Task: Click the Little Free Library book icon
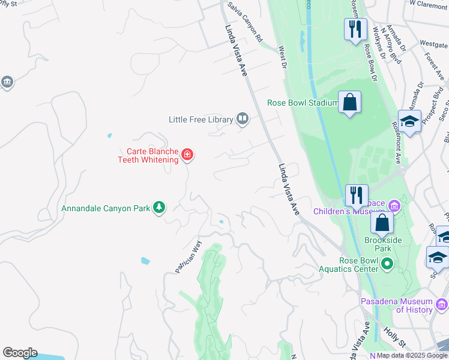click(242, 119)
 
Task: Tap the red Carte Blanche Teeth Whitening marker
click(187, 155)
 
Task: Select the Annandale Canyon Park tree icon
click(159, 208)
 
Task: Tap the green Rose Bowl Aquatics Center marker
click(387, 263)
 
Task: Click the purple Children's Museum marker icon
click(394, 206)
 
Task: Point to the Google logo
click(20, 353)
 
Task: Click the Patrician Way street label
click(187, 257)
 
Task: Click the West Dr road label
click(282, 58)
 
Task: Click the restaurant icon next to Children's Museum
click(356, 194)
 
